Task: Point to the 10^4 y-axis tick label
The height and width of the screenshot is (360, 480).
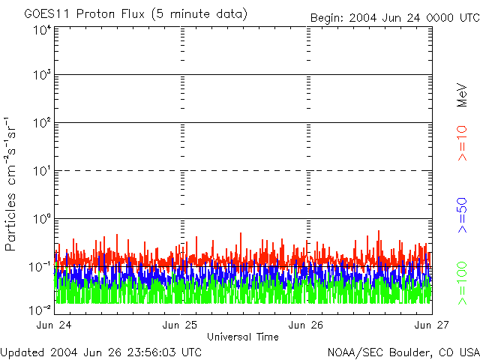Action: [x=41, y=30]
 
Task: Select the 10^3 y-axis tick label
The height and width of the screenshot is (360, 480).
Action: [x=41, y=76]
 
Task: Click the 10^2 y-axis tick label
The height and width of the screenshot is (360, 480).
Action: [x=41, y=124]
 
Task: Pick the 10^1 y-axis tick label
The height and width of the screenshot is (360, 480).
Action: [x=41, y=172]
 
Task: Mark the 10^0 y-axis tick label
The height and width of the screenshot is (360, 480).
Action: [x=41, y=220]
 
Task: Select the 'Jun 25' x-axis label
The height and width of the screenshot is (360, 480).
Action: [x=181, y=325]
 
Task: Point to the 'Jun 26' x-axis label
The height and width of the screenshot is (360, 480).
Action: [x=307, y=325]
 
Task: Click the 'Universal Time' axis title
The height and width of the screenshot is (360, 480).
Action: [x=243, y=337]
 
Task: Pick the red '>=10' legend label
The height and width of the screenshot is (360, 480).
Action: [x=463, y=143]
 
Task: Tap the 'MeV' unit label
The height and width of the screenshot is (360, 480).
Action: [x=463, y=96]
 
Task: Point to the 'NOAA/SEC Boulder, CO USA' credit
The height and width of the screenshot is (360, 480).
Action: [x=403, y=351]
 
